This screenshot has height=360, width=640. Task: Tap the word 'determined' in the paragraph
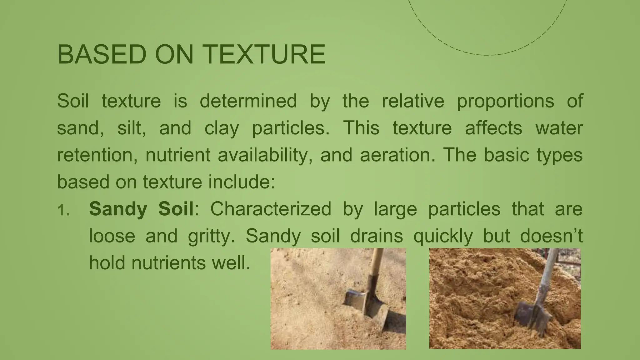(248, 101)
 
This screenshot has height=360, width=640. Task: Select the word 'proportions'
(505, 101)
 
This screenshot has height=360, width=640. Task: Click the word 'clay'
(222, 128)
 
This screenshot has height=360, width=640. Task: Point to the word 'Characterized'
(271, 209)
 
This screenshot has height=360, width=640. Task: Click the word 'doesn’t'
(551, 236)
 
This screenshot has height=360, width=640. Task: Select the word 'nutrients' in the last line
(168, 263)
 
